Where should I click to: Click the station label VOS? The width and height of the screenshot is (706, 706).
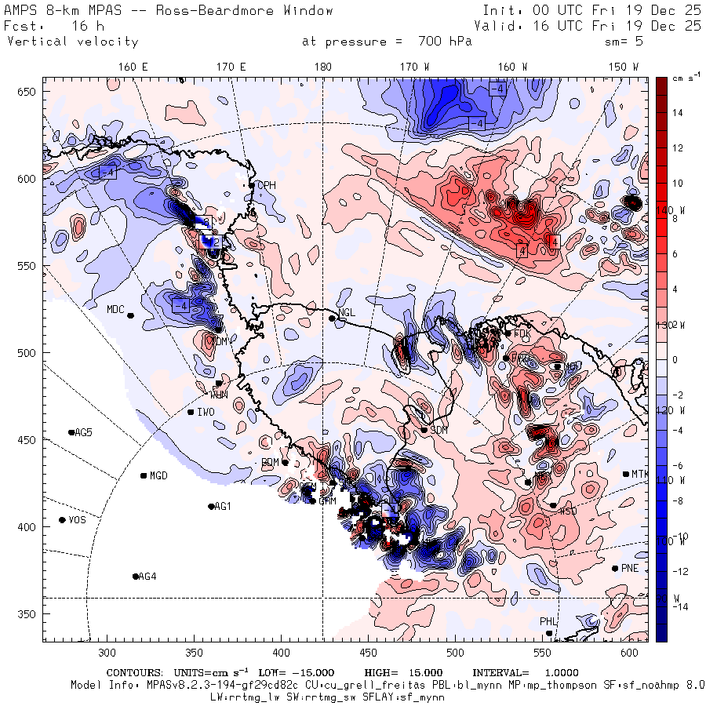click(77, 520)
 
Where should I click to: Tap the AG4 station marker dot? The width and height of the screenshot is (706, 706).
click(136, 577)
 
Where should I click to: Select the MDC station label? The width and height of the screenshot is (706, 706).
click(115, 309)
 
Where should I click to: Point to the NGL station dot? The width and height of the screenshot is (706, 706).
click(332, 318)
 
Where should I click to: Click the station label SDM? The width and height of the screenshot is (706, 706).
click(439, 430)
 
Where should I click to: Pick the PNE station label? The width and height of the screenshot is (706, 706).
click(629, 569)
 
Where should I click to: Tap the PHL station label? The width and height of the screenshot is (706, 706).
click(548, 622)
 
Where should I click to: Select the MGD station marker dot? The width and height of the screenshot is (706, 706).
click(144, 475)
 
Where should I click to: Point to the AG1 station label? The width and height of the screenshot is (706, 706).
click(223, 507)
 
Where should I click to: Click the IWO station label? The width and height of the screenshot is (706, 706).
click(206, 412)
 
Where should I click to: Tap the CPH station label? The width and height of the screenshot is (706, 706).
click(267, 185)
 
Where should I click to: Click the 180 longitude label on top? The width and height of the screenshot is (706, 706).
click(322, 67)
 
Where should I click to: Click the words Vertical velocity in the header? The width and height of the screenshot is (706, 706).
click(73, 42)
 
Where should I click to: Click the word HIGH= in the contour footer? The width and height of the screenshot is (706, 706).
click(381, 673)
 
